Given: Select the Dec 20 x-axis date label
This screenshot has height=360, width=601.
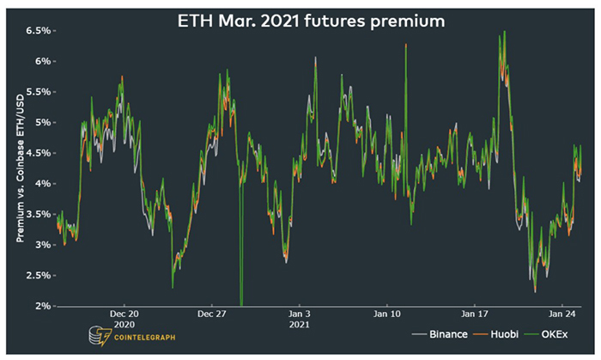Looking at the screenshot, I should click(125, 314).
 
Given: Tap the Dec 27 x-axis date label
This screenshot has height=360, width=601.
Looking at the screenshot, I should click(212, 314).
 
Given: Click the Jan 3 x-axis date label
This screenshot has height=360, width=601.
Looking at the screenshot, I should click(300, 314).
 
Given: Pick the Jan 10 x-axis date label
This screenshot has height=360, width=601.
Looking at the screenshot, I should click(387, 314).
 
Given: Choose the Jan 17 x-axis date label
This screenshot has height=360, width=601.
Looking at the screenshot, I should click(475, 314).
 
